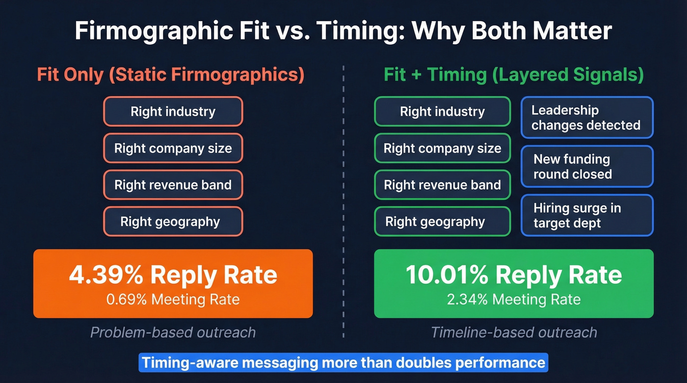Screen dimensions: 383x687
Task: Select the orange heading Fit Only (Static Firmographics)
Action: point(170,75)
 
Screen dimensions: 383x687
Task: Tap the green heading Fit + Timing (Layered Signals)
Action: point(513,75)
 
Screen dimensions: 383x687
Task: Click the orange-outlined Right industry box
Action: point(173,111)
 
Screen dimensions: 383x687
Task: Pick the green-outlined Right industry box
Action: point(442,111)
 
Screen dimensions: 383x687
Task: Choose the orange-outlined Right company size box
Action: point(173,148)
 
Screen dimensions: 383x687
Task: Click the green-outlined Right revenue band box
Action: point(442,185)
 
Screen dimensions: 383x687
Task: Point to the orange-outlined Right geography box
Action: point(173,222)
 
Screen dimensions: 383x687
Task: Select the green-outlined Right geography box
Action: point(442,222)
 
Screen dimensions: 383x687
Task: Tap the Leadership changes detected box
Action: point(587,118)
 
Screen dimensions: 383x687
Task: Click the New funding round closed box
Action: point(587,167)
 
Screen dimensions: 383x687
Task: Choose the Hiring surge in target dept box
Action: point(587,216)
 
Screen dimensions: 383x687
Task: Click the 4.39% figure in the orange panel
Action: point(106,276)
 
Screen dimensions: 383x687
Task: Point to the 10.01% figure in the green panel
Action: point(447,276)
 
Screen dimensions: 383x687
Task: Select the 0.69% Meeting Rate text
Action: point(173,299)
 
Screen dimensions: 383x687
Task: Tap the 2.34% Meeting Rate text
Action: point(513,299)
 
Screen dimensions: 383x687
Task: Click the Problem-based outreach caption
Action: point(173,332)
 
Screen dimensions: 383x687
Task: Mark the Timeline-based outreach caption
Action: point(513,332)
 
